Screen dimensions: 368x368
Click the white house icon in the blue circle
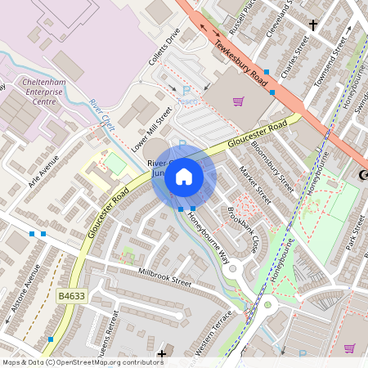coord(184,177)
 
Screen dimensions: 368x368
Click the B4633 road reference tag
coord(73,294)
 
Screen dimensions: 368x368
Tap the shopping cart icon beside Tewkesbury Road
coord(238,101)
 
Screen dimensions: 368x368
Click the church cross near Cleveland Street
coord(312,25)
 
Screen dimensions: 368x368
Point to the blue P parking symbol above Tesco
coord(186,91)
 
